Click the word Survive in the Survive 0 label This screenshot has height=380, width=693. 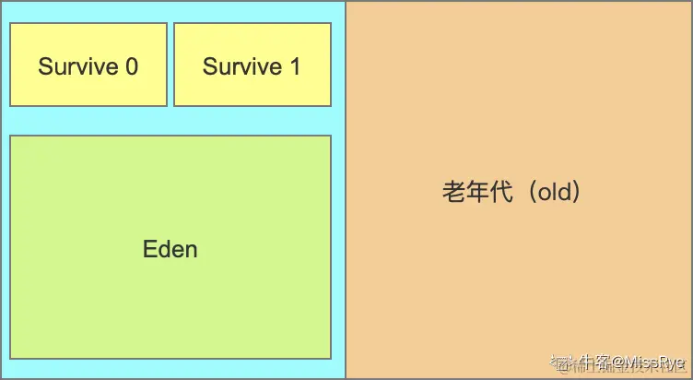coord(78,67)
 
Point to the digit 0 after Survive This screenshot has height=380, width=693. coord(132,67)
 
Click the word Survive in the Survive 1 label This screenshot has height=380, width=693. coord(242,67)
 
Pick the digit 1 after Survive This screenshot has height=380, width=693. coord(295,67)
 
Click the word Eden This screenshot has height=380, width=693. coord(170,249)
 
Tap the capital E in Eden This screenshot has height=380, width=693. coord(149,249)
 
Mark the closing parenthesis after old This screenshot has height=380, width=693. coord(579,193)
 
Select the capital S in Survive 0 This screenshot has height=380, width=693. coord(44,67)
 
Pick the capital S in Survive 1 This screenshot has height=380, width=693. coord(209,67)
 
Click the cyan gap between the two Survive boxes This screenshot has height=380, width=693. coord(170,65)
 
